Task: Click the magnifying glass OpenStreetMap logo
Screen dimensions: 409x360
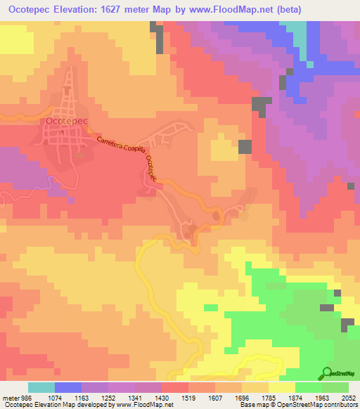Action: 326,372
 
